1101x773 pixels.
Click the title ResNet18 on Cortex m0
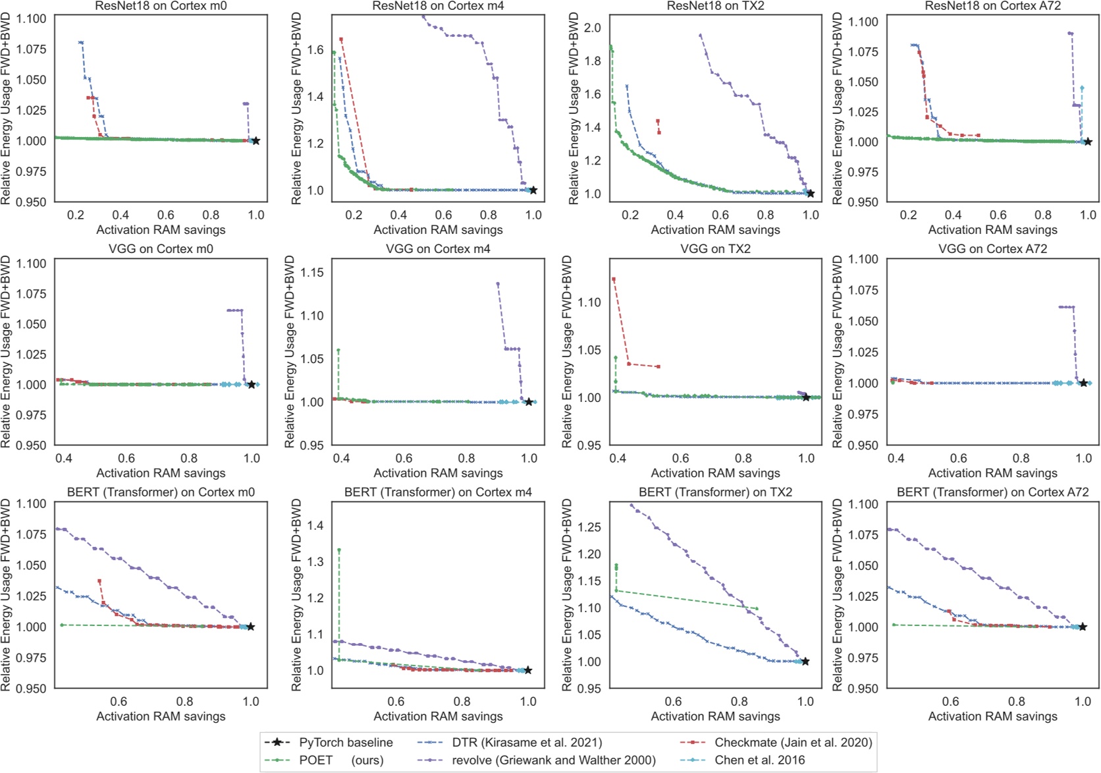click(x=161, y=6)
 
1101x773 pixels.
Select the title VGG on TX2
click(x=715, y=249)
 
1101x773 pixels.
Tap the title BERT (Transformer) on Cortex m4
click(x=438, y=492)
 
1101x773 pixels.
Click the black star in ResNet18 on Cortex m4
click(x=533, y=190)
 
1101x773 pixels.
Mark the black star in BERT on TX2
click(x=805, y=662)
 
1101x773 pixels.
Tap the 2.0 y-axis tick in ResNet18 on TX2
click(x=593, y=28)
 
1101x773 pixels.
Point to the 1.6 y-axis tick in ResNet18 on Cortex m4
click(x=315, y=49)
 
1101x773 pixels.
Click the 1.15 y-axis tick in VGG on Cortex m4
click(x=312, y=272)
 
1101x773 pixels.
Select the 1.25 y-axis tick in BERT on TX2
click(x=589, y=527)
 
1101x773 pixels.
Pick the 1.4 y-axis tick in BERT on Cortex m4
click(x=315, y=526)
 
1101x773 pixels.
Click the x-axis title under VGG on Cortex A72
click(x=992, y=473)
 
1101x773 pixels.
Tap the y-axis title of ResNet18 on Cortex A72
click(x=838, y=109)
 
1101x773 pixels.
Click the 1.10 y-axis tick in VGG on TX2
click(x=589, y=302)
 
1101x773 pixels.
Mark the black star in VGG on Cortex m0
click(x=252, y=385)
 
